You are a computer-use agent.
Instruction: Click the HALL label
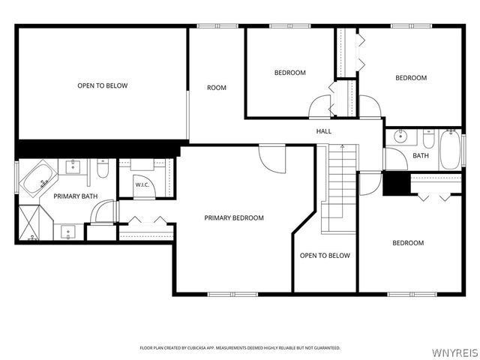(323, 131)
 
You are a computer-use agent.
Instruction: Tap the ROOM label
(217, 88)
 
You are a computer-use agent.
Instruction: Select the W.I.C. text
(142, 185)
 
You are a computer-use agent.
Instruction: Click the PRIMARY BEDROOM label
(234, 218)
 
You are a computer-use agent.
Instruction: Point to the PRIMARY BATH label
(75, 196)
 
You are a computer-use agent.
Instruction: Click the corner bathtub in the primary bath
(38, 180)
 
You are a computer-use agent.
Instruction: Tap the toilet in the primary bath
(103, 169)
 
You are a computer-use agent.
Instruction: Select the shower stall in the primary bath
(29, 223)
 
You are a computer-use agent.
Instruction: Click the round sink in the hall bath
(400, 136)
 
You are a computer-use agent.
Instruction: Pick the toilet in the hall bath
(428, 139)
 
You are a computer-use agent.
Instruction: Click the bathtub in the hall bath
(450, 149)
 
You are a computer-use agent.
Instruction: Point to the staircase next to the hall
(338, 189)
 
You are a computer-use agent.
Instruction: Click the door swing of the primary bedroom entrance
(272, 160)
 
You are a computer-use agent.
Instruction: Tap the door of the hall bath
(395, 159)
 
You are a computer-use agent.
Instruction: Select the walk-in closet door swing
(145, 186)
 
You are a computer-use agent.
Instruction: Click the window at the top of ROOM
(217, 26)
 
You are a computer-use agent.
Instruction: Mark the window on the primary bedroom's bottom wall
(232, 294)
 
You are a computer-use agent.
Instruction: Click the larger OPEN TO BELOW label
(103, 85)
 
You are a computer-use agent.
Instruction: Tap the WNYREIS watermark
(454, 352)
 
